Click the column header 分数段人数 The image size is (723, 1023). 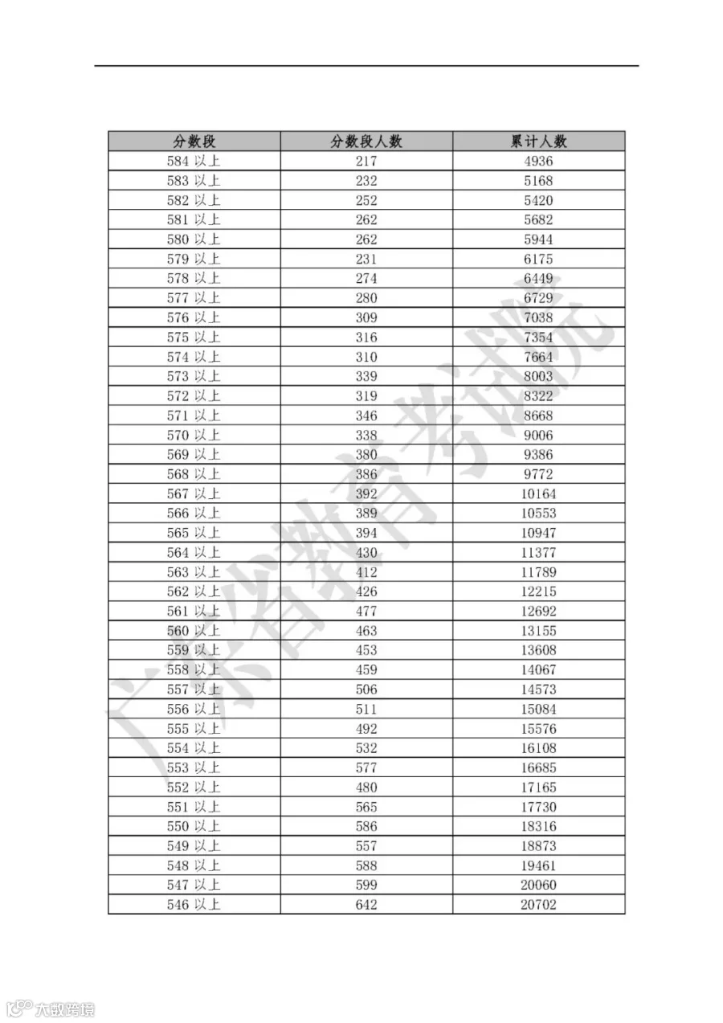366,141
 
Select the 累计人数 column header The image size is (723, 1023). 538,141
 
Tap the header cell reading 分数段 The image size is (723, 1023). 194,141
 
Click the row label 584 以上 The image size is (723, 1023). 194,161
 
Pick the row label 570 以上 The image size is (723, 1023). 194,435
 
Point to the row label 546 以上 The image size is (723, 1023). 194,905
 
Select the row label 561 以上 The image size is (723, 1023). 194,611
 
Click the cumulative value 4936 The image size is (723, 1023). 538,161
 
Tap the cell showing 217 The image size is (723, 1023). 366,161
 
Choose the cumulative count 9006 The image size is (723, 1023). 538,435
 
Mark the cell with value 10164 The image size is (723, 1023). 538,493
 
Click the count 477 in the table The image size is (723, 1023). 366,611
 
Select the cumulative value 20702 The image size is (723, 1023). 538,905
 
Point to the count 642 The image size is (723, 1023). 366,905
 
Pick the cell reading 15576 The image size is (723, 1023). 538,729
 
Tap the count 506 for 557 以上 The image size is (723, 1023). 366,690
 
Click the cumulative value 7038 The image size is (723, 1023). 538,317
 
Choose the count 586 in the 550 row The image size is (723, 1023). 366,826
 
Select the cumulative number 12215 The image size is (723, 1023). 538,591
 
